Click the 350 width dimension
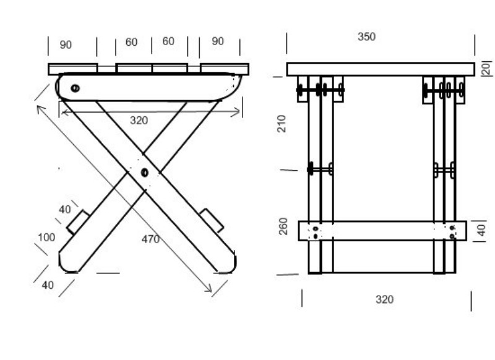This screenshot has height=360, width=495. (x=366, y=36)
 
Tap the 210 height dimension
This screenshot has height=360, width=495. (x=282, y=124)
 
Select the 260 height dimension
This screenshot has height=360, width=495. (x=283, y=226)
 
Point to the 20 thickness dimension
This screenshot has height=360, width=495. (x=486, y=68)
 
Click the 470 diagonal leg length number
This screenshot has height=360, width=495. (x=150, y=239)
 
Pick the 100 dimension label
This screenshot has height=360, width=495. (x=46, y=238)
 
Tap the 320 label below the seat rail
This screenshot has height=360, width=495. (x=139, y=121)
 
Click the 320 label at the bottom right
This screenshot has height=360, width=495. (x=384, y=299)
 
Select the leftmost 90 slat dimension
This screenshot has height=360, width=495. (x=66, y=45)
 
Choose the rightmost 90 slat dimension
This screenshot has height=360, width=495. (x=218, y=41)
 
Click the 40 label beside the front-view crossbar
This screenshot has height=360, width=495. (x=481, y=230)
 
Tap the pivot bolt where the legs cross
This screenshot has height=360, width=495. (x=145, y=173)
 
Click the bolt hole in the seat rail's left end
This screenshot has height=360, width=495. (x=75, y=88)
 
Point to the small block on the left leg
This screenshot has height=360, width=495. (x=78, y=222)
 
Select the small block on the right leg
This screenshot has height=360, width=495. (x=212, y=221)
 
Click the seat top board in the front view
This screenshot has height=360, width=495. (x=381, y=69)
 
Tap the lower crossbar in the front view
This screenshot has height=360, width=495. (x=382, y=231)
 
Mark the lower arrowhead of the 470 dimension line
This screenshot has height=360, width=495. (x=209, y=289)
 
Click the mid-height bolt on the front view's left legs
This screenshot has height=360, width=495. (x=321, y=169)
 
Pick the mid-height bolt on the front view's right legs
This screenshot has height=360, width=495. (x=444, y=170)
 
